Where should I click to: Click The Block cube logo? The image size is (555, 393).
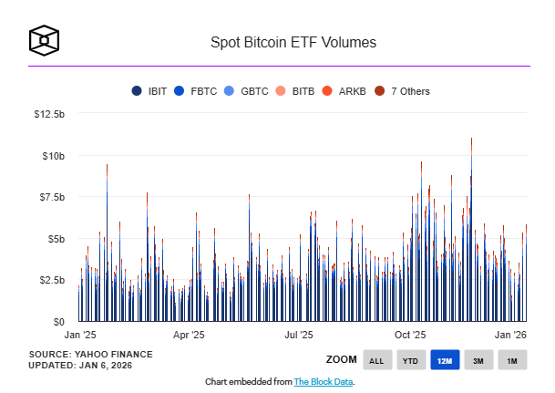pyautogui.click(x=44, y=41)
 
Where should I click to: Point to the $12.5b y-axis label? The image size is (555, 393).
pyautogui.click(x=48, y=114)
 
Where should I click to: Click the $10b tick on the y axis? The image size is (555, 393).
pyautogui.click(x=53, y=156)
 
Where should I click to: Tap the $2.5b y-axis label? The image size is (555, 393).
pyautogui.click(x=50, y=280)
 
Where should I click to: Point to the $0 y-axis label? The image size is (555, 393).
pyautogui.click(x=58, y=322)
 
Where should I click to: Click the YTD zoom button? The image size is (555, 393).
pyautogui.click(x=410, y=361)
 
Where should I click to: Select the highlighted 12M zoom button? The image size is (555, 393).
pyautogui.click(x=444, y=361)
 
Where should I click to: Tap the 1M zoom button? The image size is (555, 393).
pyautogui.click(x=511, y=361)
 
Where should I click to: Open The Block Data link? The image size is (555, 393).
pyautogui.click(x=323, y=381)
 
